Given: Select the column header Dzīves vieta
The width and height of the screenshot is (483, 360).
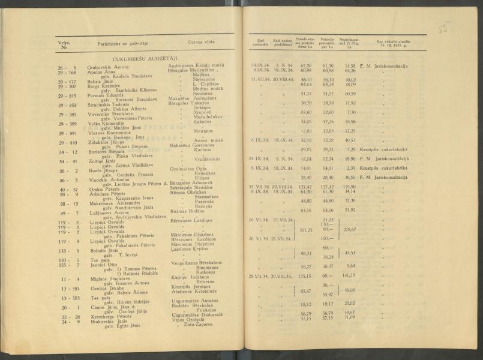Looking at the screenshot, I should tap(202, 43).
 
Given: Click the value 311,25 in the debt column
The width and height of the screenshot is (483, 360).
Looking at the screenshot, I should tap(305, 229).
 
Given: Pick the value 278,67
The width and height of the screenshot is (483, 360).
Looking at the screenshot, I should tap(349, 229).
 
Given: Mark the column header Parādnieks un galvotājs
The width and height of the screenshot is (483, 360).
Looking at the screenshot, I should tap(123, 43).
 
